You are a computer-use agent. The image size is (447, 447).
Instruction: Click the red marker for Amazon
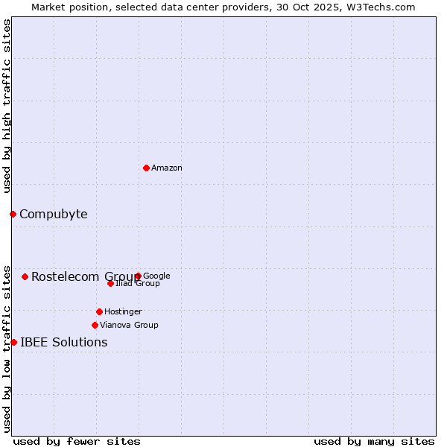146,168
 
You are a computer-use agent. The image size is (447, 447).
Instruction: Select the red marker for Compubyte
13,214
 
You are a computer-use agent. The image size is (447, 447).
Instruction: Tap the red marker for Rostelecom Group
25,276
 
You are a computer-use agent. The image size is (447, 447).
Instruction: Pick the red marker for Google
138,276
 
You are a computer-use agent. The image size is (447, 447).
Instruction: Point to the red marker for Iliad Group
110,283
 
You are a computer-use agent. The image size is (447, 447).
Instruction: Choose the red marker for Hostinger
99,311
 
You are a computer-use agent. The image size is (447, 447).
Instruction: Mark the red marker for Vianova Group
95,325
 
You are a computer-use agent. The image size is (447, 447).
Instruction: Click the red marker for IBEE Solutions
13,342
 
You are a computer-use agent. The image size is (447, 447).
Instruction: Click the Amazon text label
167,168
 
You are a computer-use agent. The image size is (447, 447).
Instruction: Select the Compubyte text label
53,215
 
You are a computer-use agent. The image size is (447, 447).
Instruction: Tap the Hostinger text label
123,311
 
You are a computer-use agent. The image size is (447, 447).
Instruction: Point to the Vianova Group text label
129,325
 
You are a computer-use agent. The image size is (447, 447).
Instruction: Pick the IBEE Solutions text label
63,343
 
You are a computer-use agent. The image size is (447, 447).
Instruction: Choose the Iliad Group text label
138,284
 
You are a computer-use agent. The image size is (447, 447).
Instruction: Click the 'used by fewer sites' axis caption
77,441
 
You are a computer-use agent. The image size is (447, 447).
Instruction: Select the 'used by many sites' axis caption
374,441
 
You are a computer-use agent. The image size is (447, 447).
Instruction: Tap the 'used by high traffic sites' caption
7,106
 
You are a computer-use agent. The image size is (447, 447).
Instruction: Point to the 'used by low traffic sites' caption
7,348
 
